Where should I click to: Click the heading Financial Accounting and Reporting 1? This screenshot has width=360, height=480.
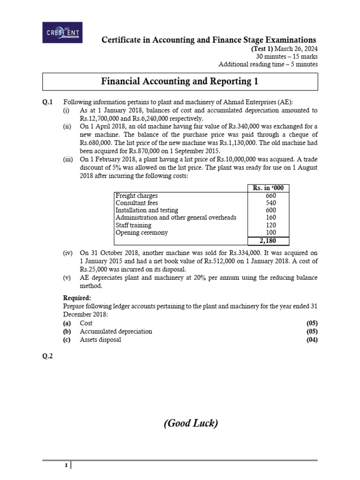pos(180,82)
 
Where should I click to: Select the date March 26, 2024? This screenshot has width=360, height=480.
pos(300,48)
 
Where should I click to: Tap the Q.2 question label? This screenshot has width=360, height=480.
pos(48,356)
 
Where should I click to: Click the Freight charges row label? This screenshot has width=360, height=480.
pos(136,195)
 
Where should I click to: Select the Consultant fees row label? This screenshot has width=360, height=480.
pos(136,203)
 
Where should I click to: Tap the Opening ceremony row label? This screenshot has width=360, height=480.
pos(141,232)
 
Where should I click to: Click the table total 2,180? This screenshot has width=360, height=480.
pos(269,240)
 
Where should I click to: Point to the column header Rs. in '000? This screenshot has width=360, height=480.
pos(269,188)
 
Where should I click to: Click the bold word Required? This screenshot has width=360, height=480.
pos(77,298)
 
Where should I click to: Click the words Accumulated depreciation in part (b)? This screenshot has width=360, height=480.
pos(116,331)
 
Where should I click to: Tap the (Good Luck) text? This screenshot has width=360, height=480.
pos(191,423)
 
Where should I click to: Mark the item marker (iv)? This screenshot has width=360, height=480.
pos(68,253)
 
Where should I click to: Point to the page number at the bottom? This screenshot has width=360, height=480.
pos(66,465)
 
